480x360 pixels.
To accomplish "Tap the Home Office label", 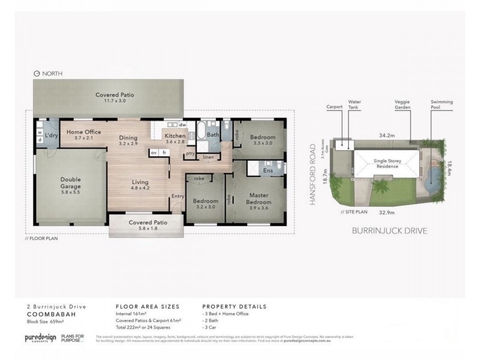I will pyautogui.click(x=83, y=132).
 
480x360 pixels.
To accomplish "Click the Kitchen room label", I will pyautogui.click(x=175, y=136).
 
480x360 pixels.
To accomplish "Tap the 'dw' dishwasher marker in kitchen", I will pyautogui.click(x=182, y=125).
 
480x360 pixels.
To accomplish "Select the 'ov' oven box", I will pyautogui.click(x=154, y=153).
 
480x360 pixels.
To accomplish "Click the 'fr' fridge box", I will pyautogui.click(x=164, y=153).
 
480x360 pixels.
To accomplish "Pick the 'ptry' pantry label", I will pyautogui.click(x=190, y=153).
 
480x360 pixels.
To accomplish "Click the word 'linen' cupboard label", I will pyautogui.click(x=208, y=157).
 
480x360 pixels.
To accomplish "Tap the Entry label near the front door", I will pyautogui.click(x=177, y=196).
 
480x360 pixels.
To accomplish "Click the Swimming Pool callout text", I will pyautogui.click(x=440, y=106).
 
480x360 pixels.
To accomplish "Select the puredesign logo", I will pyautogui.click(x=41, y=338).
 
